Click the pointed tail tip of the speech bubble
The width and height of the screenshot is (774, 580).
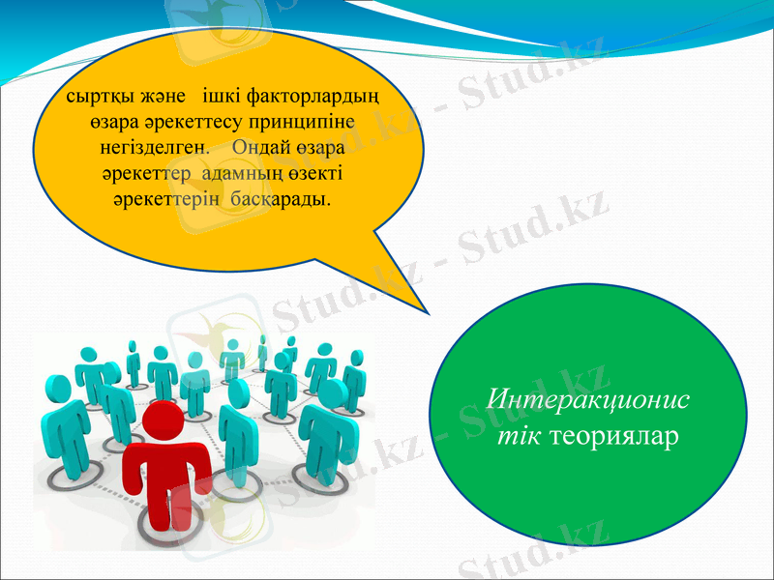[427, 313]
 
